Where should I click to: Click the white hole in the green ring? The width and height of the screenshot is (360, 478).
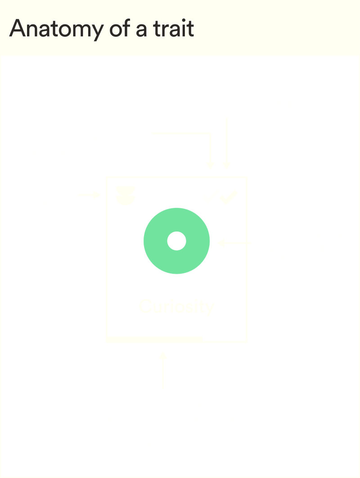176,241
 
